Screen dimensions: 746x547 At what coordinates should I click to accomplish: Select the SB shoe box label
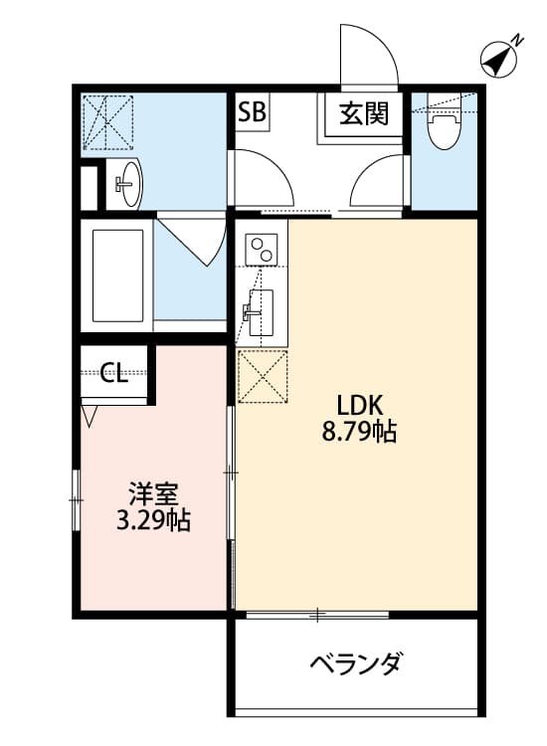[251, 112]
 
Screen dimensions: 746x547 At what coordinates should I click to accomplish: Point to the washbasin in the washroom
[128, 183]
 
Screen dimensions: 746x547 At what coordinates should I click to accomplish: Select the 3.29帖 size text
[152, 520]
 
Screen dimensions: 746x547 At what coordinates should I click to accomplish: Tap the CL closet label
[114, 374]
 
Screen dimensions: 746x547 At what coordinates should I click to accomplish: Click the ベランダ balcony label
[355, 663]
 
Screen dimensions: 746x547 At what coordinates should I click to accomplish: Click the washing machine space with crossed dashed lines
[108, 121]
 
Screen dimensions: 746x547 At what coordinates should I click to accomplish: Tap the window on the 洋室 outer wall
[76, 497]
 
